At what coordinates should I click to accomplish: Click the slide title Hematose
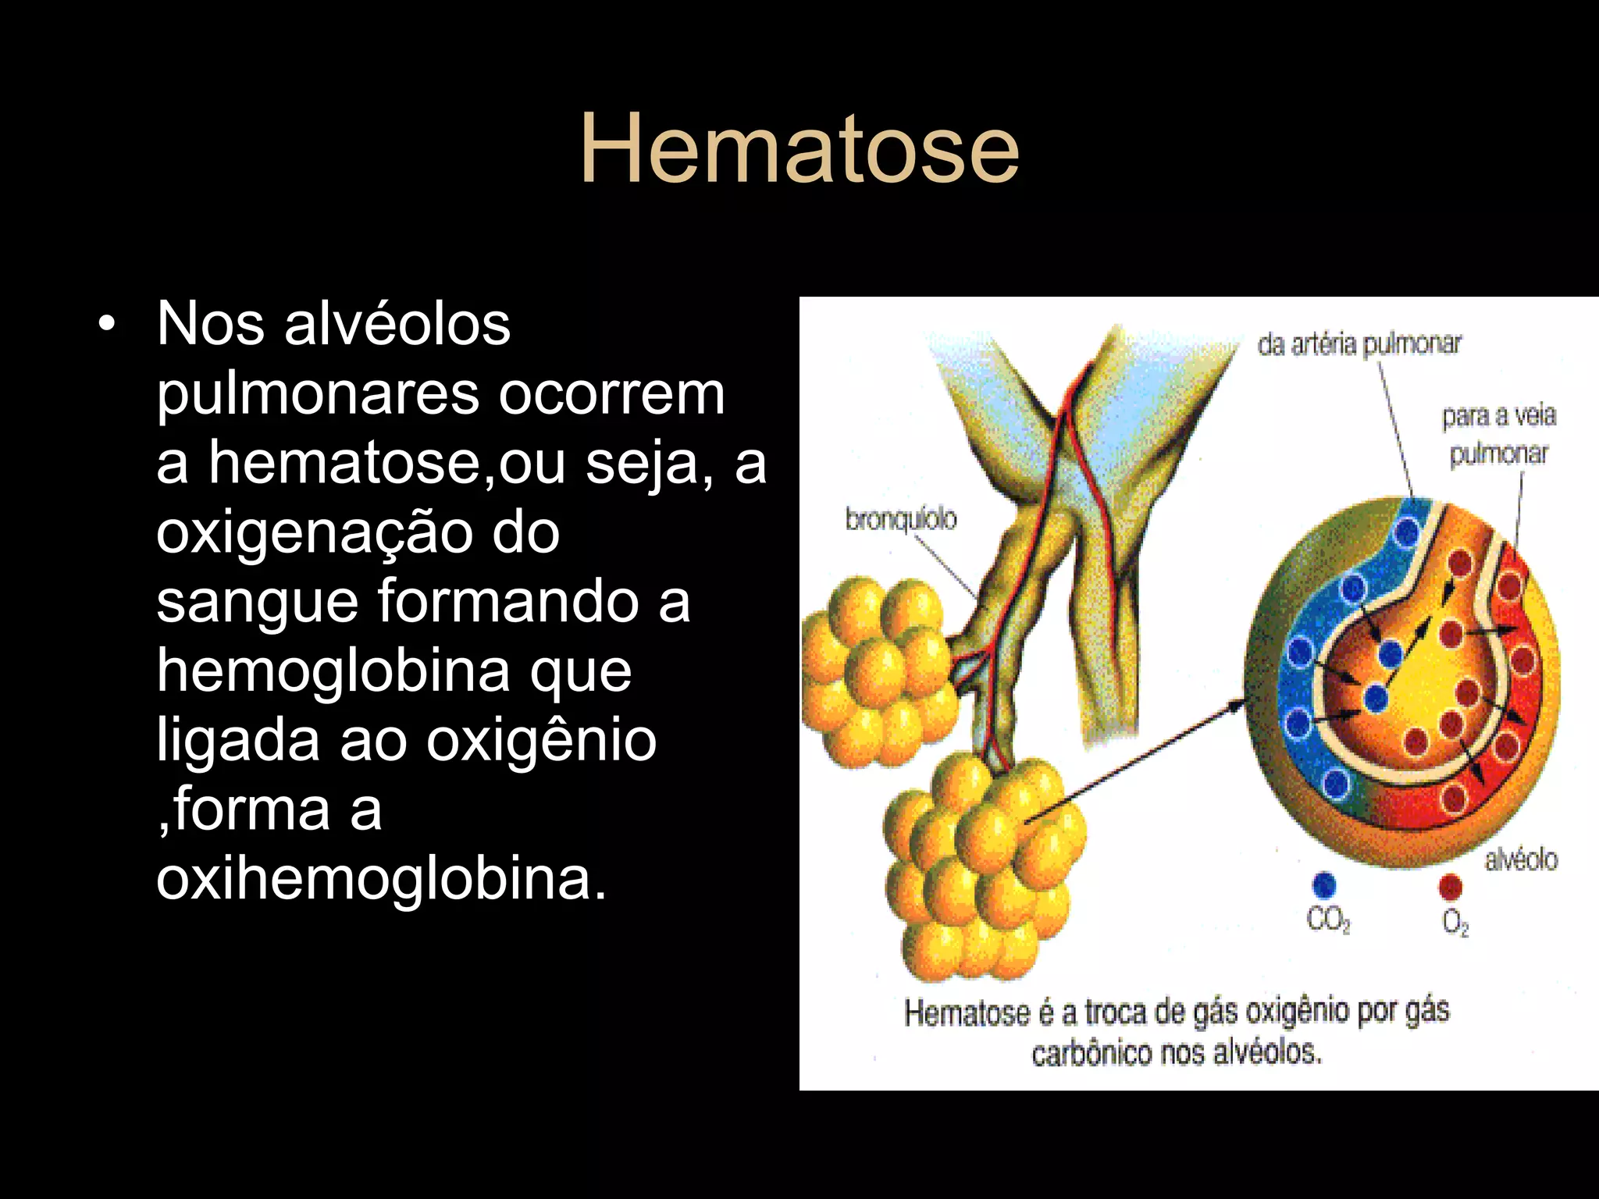(799, 149)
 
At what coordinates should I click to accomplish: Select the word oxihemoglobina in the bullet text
(381, 878)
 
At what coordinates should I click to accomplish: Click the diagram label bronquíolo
(900, 518)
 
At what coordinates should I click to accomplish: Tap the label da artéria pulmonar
(1359, 344)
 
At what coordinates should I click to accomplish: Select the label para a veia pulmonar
(1498, 434)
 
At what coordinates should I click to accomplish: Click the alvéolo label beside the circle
(1520, 859)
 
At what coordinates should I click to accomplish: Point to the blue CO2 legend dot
(1324, 885)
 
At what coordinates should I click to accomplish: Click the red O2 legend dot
(1450, 887)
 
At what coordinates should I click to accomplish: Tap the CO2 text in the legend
(1328, 921)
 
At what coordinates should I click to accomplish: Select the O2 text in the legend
(1455, 923)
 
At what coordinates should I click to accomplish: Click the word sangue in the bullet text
(256, 602)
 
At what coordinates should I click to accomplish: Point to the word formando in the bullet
(507, 602)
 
